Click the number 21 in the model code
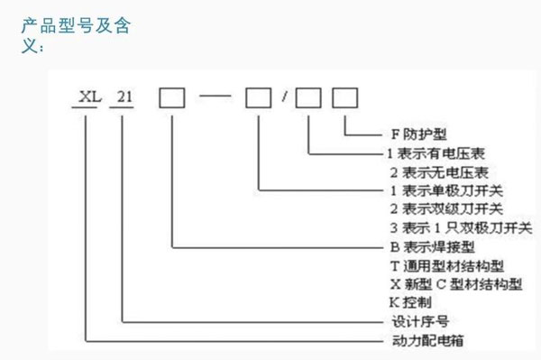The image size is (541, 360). (x=122, y=95)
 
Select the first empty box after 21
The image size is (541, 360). (x=172, y=95)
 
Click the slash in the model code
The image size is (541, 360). (x=284, y=95)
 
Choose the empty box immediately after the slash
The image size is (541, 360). (x=309, y=95)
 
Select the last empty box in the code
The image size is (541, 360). (x=345, y=95)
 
